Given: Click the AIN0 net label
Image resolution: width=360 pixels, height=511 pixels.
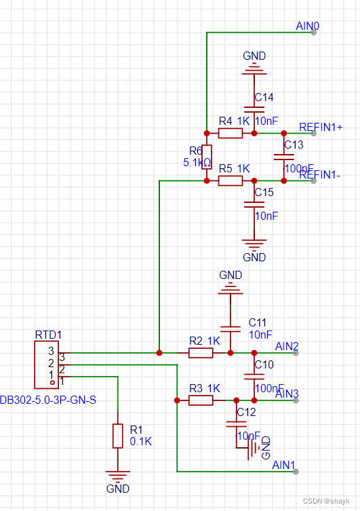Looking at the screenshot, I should tap(308, 26).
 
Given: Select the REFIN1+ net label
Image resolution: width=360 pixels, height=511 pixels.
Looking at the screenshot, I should tap(321, 127).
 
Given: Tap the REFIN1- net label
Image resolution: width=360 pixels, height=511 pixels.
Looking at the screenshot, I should tap(319, 174).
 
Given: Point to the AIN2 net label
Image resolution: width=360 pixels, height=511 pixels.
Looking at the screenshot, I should tap(287, 347).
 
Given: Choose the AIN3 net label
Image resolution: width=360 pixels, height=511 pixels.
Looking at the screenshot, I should tap(287, 394).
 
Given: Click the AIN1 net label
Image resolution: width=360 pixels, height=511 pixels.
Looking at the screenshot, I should tap(283, 466).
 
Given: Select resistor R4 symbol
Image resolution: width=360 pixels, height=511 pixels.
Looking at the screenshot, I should tap(231, 133).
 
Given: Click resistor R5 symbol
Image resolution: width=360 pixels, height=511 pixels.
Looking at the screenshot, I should tap(231, 181).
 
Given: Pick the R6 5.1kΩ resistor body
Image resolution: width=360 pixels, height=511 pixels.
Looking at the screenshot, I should tap(207, 157).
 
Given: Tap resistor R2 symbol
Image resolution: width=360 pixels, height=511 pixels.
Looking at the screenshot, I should tap(201, 353).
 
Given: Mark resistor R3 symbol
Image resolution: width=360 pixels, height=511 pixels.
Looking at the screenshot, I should tap(201, 400).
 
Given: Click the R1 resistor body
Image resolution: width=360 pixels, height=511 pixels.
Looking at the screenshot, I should tap(118, 436).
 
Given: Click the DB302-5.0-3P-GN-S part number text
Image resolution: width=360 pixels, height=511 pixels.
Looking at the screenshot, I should tap(48, 400).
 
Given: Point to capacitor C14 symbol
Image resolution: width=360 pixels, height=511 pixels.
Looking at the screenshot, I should tap(254, 108).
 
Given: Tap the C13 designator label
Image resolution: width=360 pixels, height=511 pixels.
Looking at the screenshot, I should tap(294, 145).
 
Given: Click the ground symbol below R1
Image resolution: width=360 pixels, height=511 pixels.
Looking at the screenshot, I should tap(118, 476).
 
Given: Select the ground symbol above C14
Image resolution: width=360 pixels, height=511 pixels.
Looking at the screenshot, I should tap(254, 69).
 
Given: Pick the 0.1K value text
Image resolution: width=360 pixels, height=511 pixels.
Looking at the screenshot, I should tap(141, 441).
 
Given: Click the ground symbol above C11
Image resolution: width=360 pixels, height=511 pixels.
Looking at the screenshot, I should tap(231, 289).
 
